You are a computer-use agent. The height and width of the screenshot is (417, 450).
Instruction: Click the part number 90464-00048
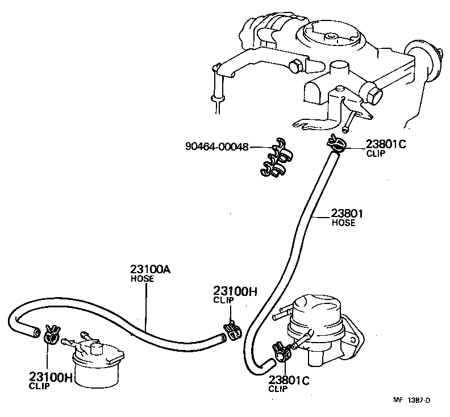tap(216, 147)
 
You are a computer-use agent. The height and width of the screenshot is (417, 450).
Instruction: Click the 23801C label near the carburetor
tap(386, 144)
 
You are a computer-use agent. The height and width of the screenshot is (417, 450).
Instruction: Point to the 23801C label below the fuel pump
tap(289, 380)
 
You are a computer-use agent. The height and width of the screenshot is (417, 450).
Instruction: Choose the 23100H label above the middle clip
tap(235, 291)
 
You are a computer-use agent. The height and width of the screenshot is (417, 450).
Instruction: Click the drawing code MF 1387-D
tap(413, 400)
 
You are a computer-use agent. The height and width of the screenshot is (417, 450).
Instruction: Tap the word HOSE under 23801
tap(343, 223)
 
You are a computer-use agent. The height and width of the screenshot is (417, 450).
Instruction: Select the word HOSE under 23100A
tap(143, 278)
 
